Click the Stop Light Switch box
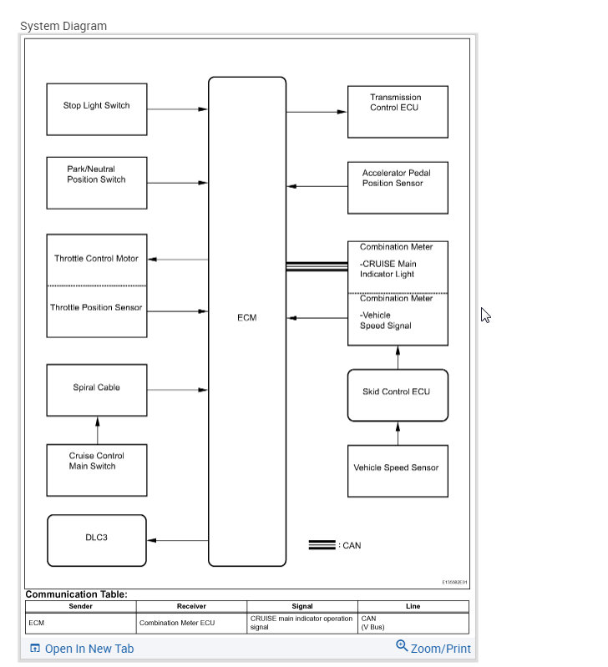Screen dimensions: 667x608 [x=97, y=109]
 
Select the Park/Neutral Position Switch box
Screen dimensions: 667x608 [x=97, y=182]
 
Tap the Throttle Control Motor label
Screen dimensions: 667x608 [x=97, y=259]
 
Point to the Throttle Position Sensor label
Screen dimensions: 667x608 [x=97, y=307]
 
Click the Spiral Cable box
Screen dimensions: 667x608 [x=97, y=389]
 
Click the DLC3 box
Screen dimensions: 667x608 [x=97, y=539]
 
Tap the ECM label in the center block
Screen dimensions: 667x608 [x=246, y=318]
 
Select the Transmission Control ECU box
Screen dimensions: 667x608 [x=398, y=111]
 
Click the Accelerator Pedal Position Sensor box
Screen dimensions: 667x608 [x=398, y=187]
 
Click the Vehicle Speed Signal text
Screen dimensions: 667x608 [x=386, y=321]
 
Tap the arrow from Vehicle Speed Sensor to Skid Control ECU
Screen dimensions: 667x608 [x=398, y=433]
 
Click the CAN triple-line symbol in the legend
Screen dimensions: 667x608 [x=322, y=545]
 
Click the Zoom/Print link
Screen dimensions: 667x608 [x=433, y=648]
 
